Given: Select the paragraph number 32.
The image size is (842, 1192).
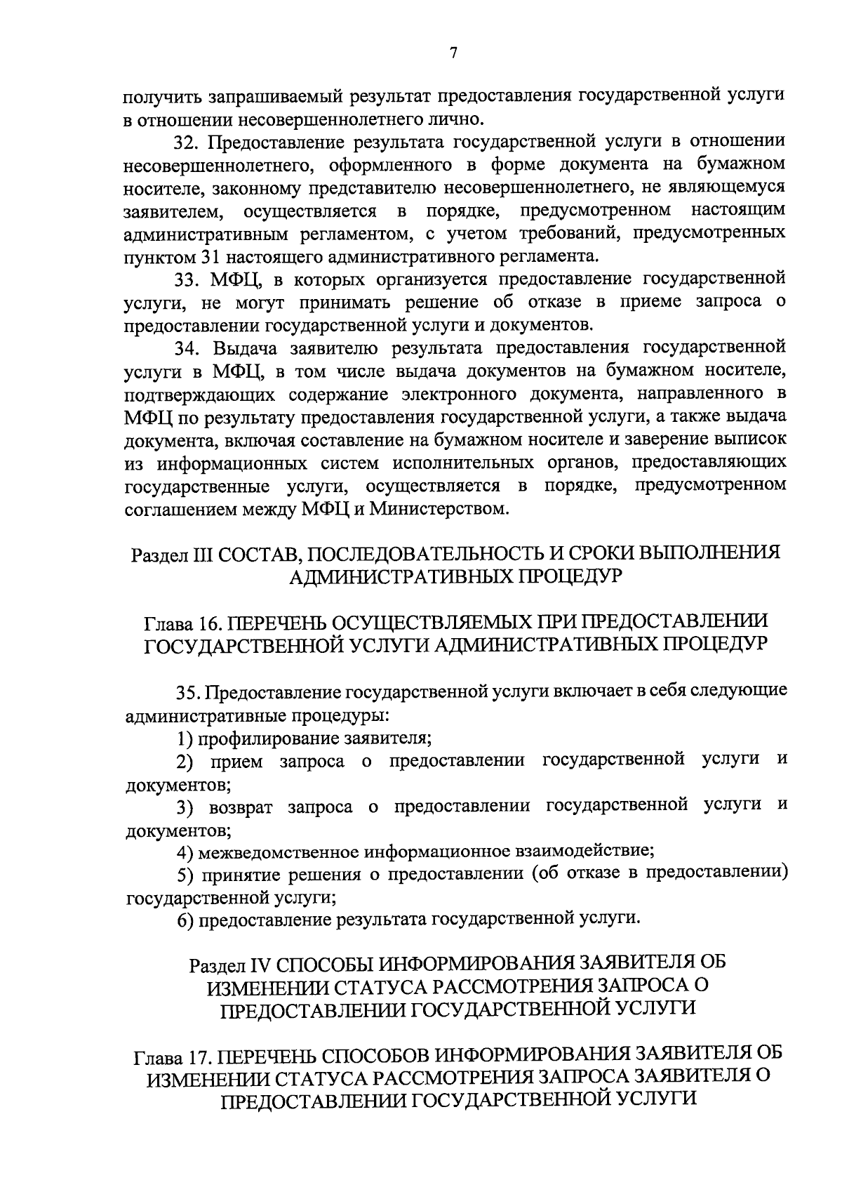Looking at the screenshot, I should click(x=187, y=142).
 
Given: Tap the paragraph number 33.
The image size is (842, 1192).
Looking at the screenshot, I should click(x=187, y=279).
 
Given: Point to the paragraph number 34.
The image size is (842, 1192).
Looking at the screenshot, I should click(x=187, y=347).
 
